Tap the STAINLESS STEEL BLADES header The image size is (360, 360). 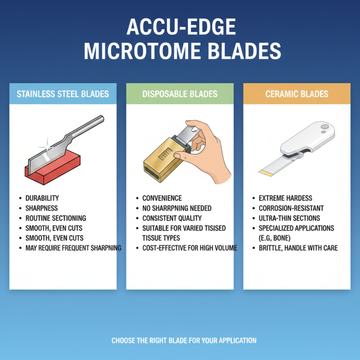[x=63, y=94]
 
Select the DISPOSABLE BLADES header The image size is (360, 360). [x=180, y=94]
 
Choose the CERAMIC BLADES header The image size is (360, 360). [x=297, y=94]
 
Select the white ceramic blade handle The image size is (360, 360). [x=310, y=137]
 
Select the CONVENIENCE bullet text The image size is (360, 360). [x=162, y=198]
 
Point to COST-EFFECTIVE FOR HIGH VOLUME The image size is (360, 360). [x=189, y=248]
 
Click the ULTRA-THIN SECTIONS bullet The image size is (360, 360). [x=289, y=218]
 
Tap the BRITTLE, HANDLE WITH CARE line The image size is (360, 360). [x=298, y=248]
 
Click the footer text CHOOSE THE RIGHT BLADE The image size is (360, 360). [x=184, y=341]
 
